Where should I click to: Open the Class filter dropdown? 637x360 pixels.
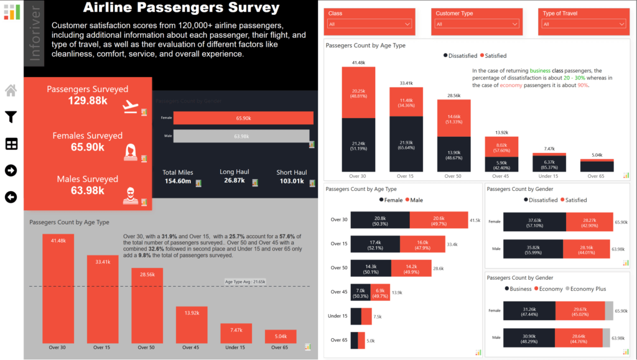click(x=370, y=24)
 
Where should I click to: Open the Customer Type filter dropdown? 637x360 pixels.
click(x=477, y=24)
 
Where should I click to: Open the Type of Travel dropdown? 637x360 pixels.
click(x=583, y=24)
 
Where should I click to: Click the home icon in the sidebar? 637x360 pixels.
click(x=11, y=91)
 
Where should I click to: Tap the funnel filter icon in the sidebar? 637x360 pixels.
click(x=11, y=117)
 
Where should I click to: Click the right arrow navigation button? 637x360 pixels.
click(x=11, y=170)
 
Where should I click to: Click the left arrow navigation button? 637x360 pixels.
click(x=11, y=197)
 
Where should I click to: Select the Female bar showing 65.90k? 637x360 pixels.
click(x=243, y=118)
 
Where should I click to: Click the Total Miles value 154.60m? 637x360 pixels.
click(x=178, y=182)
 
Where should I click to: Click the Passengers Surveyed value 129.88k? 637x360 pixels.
click(x=87, y=101)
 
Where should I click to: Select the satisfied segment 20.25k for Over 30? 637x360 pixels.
click(x=358, y=92)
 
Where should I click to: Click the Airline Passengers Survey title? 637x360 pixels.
click(x=181, y=8)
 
